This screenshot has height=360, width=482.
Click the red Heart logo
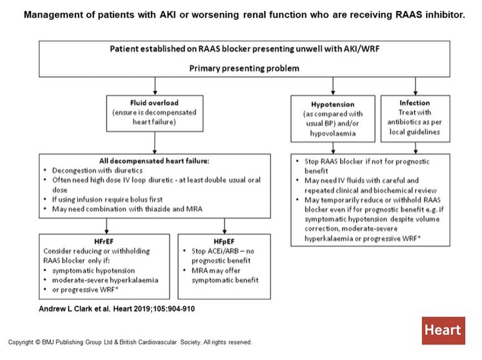(x=443, y=330)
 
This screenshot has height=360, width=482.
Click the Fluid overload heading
(x=154, y=103)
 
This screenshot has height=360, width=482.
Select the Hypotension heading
(x=332, y=105)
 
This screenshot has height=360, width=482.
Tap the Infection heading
(x=415, y=103)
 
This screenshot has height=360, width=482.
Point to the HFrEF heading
(x=104, y=241)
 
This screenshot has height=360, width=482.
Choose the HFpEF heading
(x=224, y=241)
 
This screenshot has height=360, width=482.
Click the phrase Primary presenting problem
(x=244, y=68)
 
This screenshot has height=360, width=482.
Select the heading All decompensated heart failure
(x=154, y=161)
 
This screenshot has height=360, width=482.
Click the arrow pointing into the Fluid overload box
(x=155, y=86)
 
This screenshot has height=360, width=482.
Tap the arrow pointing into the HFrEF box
(x=106, y=226)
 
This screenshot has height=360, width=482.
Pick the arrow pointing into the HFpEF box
(x=225, y=226)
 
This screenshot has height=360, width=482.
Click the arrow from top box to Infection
(x=416, y=86)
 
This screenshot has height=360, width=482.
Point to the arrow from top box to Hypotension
(x=333, y=86)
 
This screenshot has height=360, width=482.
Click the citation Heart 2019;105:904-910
(x=154, y=308)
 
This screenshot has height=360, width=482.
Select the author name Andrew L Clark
(x=66, y=308)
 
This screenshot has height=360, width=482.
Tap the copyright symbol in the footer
(x=38, y=342)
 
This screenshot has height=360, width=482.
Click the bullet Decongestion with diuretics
(x=97, y=170)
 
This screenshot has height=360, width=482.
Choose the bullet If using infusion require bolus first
(x=107, y=199)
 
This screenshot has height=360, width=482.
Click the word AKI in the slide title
(x=168, y=14)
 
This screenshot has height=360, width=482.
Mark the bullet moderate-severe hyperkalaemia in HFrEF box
(x=105, y=280)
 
